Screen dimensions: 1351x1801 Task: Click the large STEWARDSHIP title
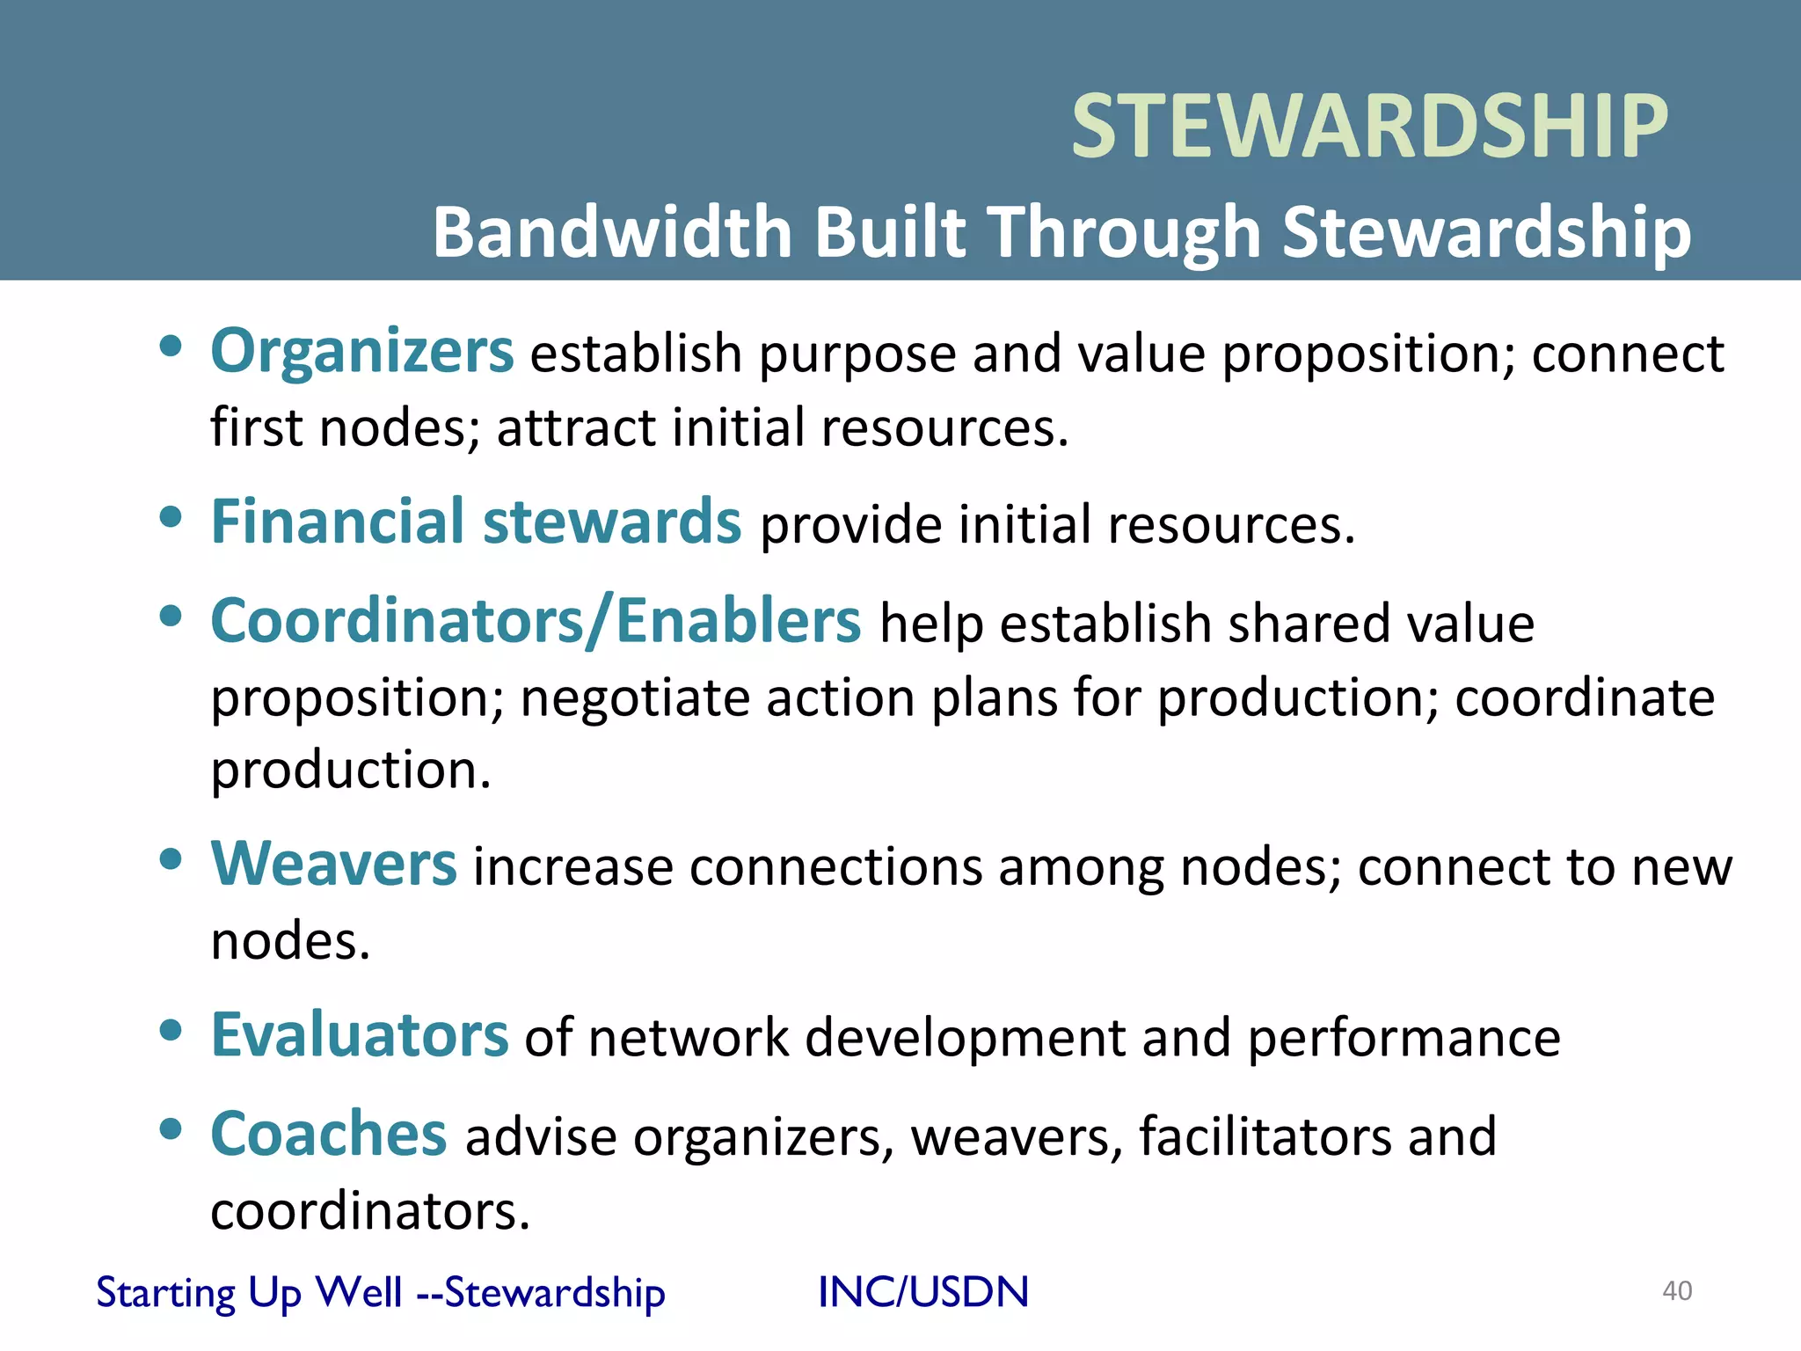[x=1369, y=128]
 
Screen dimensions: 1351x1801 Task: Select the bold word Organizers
[x=361, y=352]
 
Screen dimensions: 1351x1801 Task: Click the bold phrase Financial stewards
[x=476, y=522]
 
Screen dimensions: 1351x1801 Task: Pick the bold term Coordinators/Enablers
[x=536, y=622]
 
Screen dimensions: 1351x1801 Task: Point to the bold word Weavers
[x=333, y=865]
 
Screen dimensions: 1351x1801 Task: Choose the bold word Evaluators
[x=359, y=1035]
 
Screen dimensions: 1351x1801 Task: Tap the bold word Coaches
[x=328, y=1135]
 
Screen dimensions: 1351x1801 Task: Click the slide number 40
[x=1676, y=1291]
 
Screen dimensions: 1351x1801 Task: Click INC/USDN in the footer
[x=922, y=1292]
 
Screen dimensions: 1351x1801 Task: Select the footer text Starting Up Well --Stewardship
[x=380, y=1293]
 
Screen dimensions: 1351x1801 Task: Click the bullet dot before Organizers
[x=171, y=346]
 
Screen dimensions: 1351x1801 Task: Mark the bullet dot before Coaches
[x=171, y=1128]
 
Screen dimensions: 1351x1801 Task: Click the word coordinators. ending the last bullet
[x=370, y=1213]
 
